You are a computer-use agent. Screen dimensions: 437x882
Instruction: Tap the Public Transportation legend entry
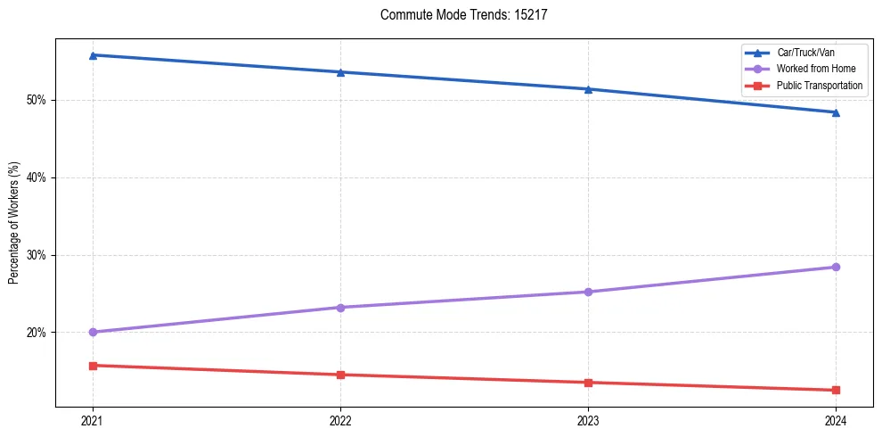[820, 86]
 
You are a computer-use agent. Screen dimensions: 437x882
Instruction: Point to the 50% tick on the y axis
[37, 100]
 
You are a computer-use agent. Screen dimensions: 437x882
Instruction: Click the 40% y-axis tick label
[37, 177]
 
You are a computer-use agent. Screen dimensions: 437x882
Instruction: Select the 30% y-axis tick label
[37, 255]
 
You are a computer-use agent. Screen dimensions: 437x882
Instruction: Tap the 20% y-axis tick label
[37, 333]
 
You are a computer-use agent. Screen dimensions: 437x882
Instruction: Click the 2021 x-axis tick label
[92, 421]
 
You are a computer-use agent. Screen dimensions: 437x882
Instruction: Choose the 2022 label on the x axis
[340, 421]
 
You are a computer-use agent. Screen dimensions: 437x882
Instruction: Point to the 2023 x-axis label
[588, 421]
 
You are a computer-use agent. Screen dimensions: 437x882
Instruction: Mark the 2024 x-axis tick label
[836, 421]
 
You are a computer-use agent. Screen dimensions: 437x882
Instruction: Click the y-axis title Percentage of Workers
[14, 223]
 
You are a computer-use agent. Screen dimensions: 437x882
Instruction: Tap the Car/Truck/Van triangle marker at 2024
[836, 112]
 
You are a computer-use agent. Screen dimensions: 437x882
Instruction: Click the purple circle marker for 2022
[340, 308]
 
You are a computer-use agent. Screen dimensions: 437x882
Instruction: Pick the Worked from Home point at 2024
[836, 267]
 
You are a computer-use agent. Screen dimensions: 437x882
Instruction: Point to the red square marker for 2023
[588, 383]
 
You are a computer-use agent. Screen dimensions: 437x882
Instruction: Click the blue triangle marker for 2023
[588, 89]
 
